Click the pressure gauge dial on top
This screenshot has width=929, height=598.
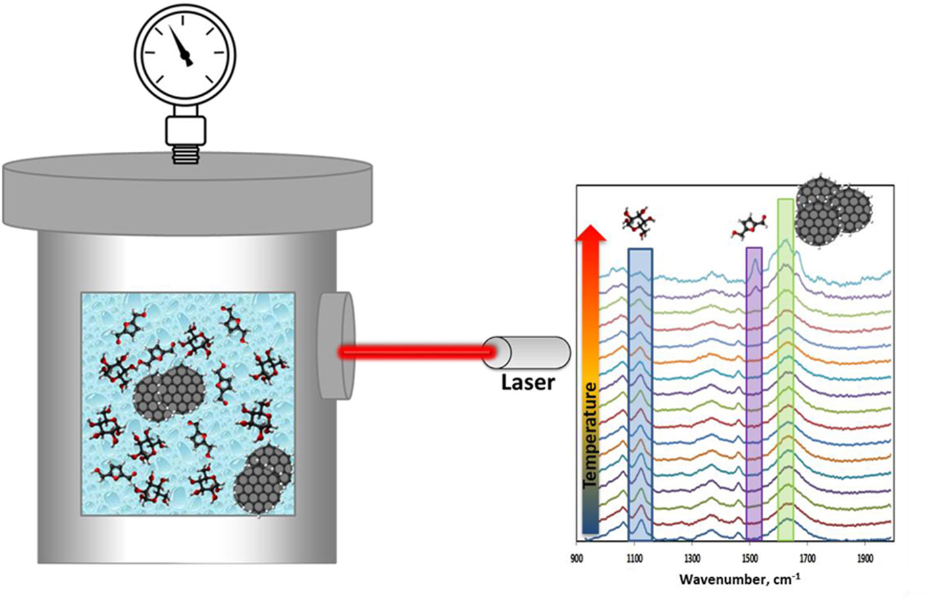click(184, 53)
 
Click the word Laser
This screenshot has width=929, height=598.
click(527, 383)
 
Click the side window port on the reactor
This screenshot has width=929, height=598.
click(337, 345)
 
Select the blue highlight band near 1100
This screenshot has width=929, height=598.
click(640, 394)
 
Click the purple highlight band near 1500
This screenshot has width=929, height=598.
click(754, 394)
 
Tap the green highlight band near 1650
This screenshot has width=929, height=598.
click(786, 369)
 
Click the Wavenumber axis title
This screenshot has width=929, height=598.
click(740, 579)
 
